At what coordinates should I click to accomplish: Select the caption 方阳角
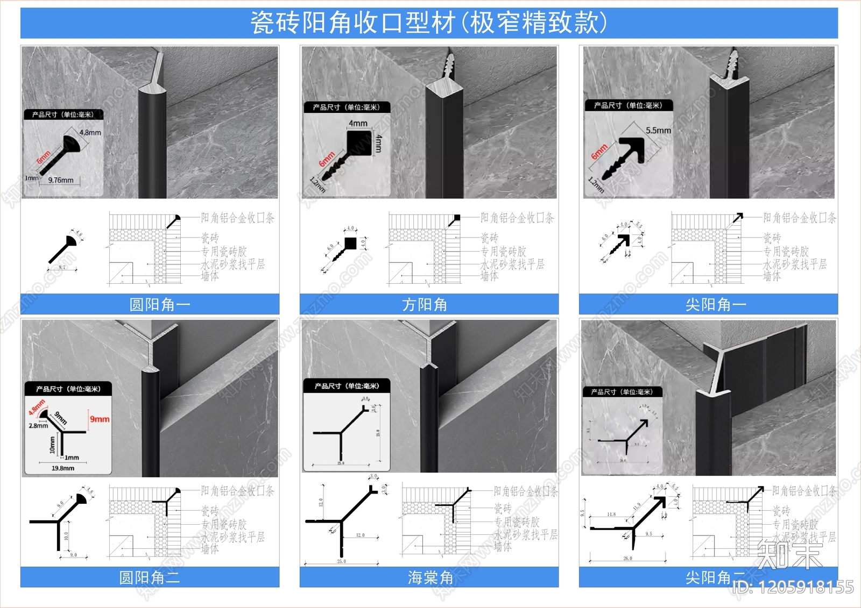(425, 305)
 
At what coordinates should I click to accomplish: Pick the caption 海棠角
(430, 578)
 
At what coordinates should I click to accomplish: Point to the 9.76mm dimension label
(61, 180)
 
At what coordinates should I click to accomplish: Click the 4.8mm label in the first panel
(90, 132)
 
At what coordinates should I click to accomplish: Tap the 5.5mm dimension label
(658, 131)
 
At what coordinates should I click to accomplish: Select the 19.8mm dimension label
(63, 468)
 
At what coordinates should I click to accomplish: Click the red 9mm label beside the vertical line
(100, 419)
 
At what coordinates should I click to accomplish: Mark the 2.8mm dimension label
(38, 426)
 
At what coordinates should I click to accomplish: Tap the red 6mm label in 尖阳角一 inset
(599, 152)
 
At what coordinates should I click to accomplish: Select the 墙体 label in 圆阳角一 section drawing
(210, 276)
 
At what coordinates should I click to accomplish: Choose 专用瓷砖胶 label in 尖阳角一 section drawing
(786, 252)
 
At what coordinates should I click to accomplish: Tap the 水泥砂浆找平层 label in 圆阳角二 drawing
(232, 537)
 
